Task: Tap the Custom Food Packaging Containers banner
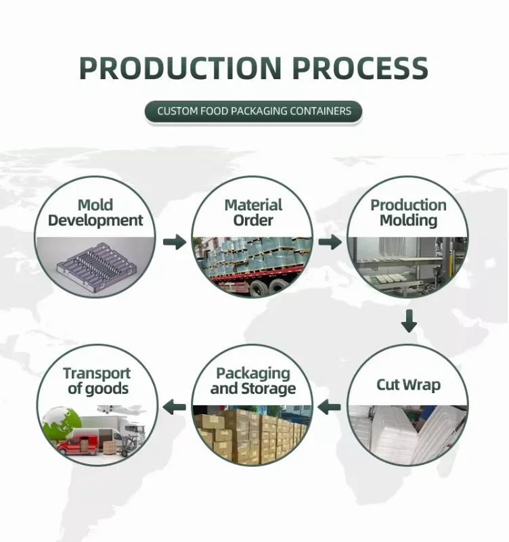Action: point(254,111)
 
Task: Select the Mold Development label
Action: point(95,212)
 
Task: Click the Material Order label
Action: point(253,212)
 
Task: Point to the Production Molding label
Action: point(408,212)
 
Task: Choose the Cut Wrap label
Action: point(408,385)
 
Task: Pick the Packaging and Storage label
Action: point(253,381)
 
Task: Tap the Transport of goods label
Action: point(96,381)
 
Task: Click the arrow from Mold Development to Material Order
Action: point(174,242)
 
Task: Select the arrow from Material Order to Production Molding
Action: point(330,242)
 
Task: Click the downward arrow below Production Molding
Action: point(408,321)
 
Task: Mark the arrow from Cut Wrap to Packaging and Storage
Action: point(330,407)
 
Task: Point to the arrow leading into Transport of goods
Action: point(175,407)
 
